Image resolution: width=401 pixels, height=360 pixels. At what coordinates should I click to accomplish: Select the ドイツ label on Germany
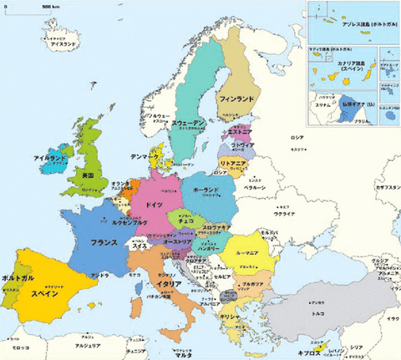pos(154,205)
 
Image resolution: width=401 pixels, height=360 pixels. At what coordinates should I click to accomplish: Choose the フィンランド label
pos(236,99)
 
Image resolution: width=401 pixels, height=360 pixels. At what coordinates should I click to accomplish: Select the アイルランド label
pos(49,158)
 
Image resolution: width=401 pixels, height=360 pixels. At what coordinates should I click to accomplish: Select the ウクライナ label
pos(285,214)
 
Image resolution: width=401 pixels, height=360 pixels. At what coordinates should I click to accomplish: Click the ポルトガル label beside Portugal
pos(18,276)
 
